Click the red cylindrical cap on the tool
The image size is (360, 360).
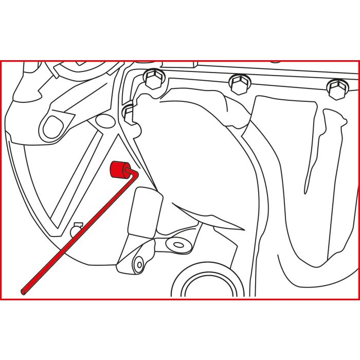coord(118,168)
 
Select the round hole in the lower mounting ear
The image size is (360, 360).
coord(137,265)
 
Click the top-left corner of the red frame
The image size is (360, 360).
coord(1,61)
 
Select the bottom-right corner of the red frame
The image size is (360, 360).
coord(358,299)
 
